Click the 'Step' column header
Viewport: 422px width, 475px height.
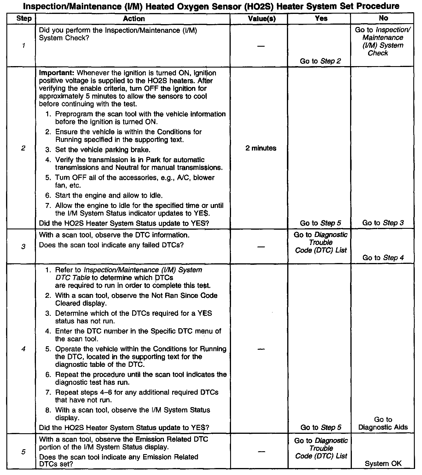click(x=24, y=19)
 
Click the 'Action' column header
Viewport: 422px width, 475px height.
click(x=134, y=19)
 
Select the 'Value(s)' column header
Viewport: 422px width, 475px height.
click(x=262, y=19)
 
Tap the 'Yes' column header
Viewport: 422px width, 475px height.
click(x=321, y=19)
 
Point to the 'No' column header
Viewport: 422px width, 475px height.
click(x=383, y=18)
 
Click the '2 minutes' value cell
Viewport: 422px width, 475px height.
click(x=261, y=148)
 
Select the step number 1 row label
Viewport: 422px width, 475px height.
click(x=23, y=46)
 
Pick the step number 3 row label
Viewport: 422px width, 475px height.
click(x=23, y=246)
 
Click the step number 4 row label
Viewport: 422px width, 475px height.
click(x=23, y=349)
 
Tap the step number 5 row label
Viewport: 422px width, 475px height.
click(x=23, y=452)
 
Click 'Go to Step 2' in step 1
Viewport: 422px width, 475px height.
click(x=321, y=61)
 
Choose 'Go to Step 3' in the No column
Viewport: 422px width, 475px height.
click(x=383, y=223)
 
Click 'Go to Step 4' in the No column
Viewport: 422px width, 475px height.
click(x=383, y=258)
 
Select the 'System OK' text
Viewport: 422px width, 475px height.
click(x=383, y=463)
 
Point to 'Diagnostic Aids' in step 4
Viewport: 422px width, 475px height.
click(x=383, y=427)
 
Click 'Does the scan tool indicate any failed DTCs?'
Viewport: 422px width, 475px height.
click(x=111, y=245)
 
